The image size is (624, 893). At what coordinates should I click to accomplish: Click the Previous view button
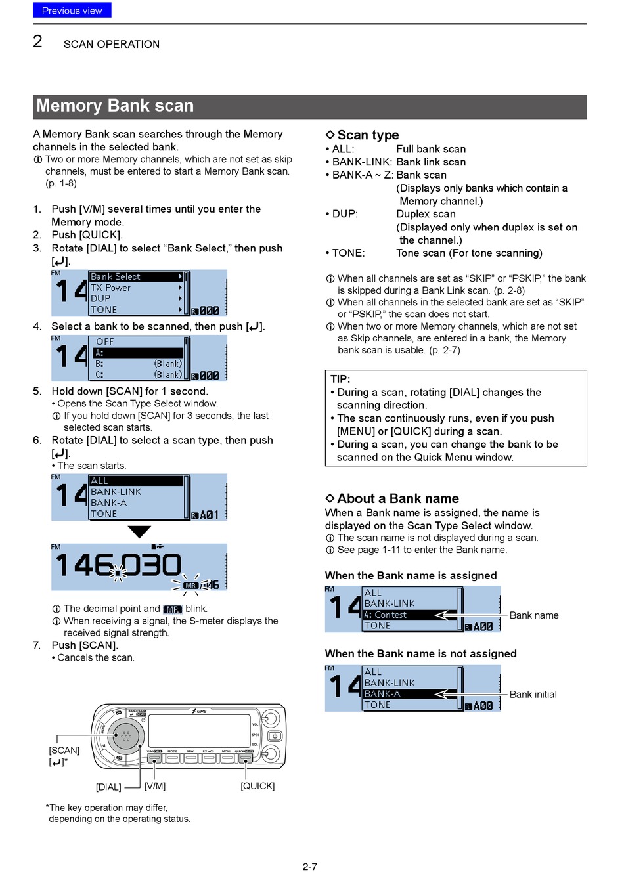[x=72, y=11]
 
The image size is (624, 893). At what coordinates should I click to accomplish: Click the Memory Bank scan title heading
[x=115, y=106]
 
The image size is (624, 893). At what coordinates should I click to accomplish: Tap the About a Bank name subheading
[x=397, y=498]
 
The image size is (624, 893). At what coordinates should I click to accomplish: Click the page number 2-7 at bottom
[x=310, y=867]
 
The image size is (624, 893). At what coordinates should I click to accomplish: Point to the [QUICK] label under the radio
[x=257, y=786]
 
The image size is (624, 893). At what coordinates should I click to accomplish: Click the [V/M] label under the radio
[x=155, y=786]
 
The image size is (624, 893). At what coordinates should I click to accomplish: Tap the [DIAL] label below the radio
[x=108, y=787]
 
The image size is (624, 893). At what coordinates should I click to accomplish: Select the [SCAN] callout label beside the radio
[x=64, y=751]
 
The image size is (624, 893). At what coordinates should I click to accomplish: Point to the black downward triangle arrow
[x=139, y=531]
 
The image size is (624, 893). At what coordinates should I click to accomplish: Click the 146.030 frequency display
[x=118, y=565]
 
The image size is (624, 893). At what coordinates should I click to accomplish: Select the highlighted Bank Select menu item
[x=136, y=277]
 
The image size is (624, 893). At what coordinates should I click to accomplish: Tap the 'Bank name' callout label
[x=533, y=615]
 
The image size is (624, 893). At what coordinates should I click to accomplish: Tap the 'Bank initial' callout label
[x=533, y=694]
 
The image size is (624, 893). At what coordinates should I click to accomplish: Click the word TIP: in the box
[x=340, y=379]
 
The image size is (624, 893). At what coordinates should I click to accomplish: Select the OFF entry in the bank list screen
[x=105, y=341]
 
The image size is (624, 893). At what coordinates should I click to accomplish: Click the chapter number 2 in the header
[x=38, y=42]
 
